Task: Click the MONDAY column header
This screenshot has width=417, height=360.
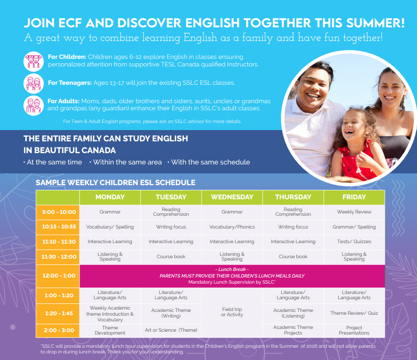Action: coord(110,197)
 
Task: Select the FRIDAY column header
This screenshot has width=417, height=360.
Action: coord(354,197)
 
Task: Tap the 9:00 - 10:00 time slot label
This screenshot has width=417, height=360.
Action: coord(59,212)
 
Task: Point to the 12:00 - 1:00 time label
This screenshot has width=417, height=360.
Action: coord(59,276)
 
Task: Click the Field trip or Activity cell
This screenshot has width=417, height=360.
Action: coord(232,312)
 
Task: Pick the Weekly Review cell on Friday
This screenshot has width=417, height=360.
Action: coord(354,212)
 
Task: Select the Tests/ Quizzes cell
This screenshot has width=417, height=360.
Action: coord(354,241)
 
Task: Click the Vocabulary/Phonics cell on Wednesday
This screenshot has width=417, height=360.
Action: coord(232,227)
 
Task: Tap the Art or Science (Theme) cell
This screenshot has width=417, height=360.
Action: coord(171,330)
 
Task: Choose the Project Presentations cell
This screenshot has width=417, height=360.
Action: coord(354,330)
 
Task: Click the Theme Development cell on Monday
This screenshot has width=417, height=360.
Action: coord(110,330)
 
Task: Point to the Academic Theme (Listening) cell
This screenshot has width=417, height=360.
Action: coord(293,313)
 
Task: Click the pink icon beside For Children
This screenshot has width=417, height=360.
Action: coord(33,61)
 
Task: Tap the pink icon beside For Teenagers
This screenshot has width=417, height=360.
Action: coord(33,83)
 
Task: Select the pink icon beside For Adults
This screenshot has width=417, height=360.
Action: coord(33,106)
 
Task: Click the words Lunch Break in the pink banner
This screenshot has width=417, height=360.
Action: coord(232,270)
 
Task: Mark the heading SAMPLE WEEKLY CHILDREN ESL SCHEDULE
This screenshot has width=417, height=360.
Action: coord(115,183)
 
